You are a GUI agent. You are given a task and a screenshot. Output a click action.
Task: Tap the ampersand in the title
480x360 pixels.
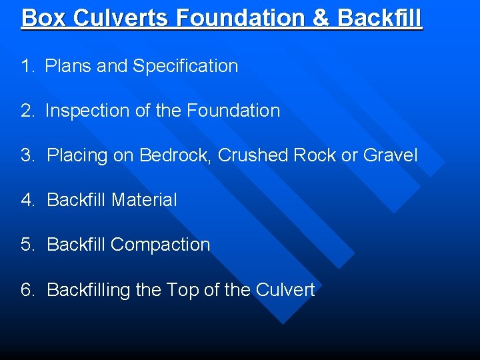321,17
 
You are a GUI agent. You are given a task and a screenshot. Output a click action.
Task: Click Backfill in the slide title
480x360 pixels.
379,17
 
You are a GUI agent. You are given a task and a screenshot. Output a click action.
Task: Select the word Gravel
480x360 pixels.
390,156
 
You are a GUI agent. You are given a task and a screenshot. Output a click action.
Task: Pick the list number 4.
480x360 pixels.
27,200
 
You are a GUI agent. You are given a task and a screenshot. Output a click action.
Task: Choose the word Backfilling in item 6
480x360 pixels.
89,290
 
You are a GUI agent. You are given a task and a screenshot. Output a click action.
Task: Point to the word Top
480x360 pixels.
182,290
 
